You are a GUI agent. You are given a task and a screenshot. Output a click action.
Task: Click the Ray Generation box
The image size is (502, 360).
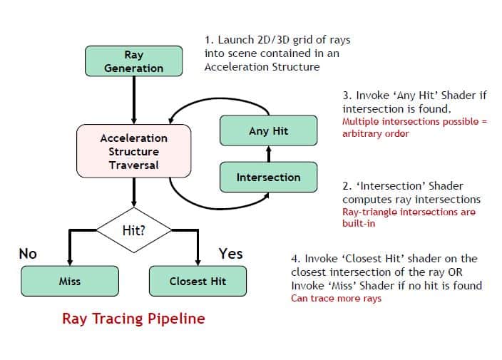click(133, 61)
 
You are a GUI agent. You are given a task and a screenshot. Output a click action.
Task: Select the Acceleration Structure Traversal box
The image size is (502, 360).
click(134, 151)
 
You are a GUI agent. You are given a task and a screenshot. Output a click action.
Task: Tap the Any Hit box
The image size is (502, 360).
click(268, 131)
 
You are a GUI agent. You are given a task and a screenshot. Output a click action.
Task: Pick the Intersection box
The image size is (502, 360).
click(268, 177)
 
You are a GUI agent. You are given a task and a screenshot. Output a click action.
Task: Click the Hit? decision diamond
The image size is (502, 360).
click(134, 230)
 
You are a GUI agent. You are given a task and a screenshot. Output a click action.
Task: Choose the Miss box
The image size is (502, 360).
click(69, 281)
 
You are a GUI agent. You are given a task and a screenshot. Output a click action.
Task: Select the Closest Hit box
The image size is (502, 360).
click(198, 281)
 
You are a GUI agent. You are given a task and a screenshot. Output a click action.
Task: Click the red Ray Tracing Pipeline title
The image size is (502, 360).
click(133, 318)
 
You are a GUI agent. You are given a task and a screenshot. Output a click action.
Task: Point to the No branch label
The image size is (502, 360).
click(28, 253)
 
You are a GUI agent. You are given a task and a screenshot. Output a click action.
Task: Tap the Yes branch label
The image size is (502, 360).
click(230, 253)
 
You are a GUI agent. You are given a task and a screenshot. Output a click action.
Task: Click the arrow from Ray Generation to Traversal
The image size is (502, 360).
click(134, 100)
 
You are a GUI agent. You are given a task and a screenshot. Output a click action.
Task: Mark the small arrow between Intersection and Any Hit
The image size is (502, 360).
click(268, 154)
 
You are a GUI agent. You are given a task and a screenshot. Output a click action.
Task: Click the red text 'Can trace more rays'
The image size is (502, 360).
click(336, 298)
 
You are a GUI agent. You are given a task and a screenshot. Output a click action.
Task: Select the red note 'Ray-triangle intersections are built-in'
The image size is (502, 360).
click(408, 217)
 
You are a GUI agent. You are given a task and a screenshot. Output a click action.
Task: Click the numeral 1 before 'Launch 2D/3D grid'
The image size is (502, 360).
click(208, 40)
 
